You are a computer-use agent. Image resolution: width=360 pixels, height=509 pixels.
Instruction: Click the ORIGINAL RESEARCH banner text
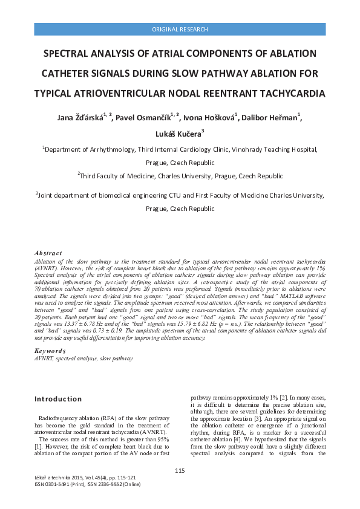(180, 29)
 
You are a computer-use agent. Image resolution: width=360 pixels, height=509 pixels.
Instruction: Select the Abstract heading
(48, 253)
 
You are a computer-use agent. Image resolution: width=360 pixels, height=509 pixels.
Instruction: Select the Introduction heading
(58, 399)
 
